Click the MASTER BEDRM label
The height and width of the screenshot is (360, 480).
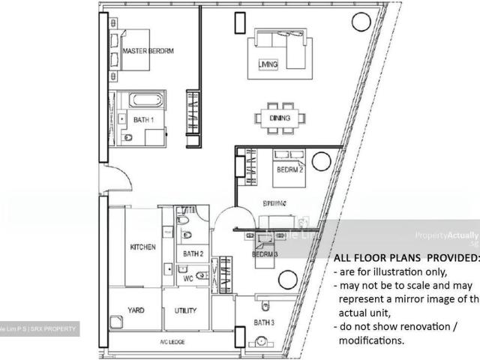[148, 51]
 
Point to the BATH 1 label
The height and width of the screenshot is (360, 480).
[144, 119]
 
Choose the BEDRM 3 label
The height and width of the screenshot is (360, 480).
[265, 254]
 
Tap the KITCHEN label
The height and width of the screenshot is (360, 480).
[142, 247]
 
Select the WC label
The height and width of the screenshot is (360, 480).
[190, 278]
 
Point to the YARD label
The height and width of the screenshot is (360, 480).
[136, 310]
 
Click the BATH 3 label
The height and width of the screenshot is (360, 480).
[265, 322]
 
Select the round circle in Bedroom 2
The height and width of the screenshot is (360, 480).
[321, 160]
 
